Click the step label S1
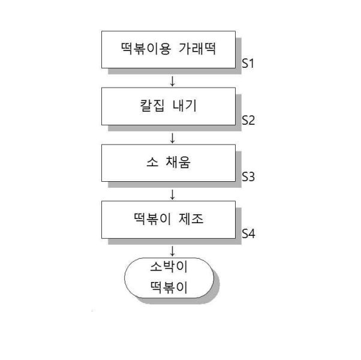[248, 64]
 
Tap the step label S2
[248, 120]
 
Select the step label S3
[248, 177]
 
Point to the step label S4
[248, 233]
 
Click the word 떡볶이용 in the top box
[146, 49]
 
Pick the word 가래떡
[197, 49]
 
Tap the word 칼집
[152, 106]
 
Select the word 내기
[185, 106]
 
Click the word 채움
[178, 162]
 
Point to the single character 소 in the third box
[152, 162]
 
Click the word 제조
[191, 219]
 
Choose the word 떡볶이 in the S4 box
[152, 219]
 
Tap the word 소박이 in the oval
[169, 267]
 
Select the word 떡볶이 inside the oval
[169, 287]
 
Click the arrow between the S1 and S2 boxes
[172, 81]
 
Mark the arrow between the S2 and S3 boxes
[172, 138]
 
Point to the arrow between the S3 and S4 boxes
[172, 194]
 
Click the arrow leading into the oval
[172, 251]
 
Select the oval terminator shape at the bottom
[125, 278]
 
